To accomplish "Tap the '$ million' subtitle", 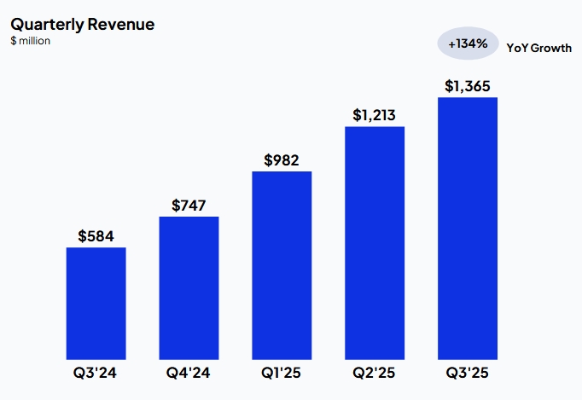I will (30, 41).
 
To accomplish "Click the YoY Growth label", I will (538, 49).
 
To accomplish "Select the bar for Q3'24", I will (96, 303).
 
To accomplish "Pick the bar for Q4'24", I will (189, 287).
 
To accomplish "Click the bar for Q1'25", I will (282, 264).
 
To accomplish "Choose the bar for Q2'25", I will (375, 242).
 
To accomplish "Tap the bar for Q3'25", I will (468, 228).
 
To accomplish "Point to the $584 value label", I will (96, 235).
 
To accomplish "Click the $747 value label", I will (189, 205).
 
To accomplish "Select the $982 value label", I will (282, 159).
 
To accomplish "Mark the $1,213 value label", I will (375, 115).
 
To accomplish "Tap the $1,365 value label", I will (468, 86).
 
